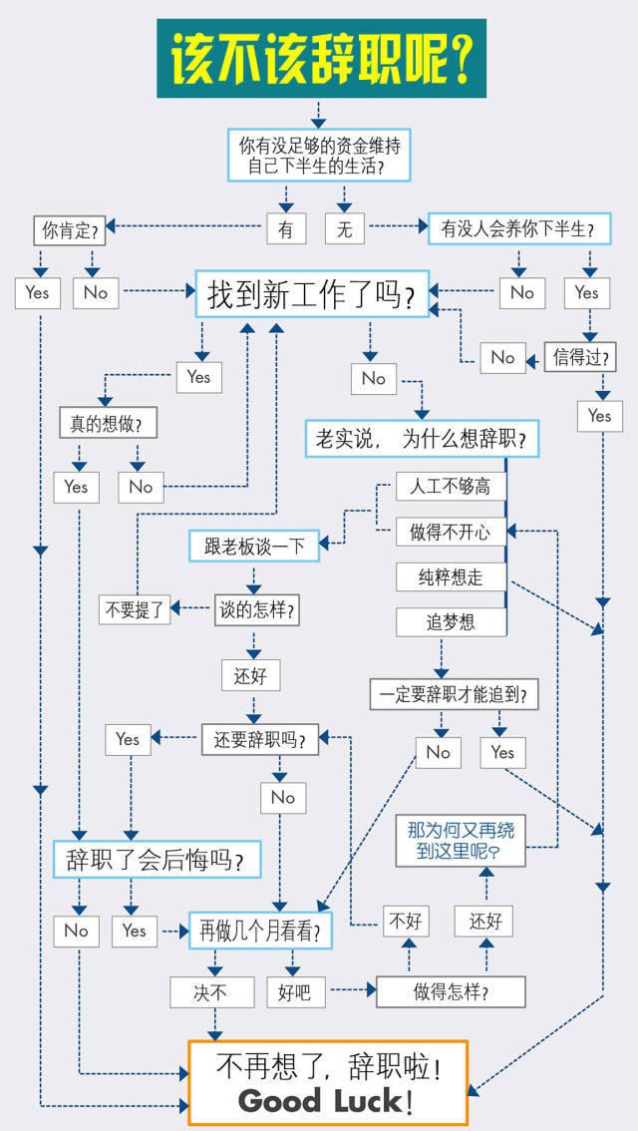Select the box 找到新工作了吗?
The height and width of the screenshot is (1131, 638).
click(312, 293)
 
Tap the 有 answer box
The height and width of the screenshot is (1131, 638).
click(286, 228)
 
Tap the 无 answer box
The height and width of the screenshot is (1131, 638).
click(345, 228)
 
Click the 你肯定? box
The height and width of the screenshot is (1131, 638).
click(69, 230)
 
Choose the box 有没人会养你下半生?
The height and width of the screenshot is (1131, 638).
click(519, 228)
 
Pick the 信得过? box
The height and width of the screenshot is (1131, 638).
click(580, 357)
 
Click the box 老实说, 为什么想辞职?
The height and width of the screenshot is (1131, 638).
click(422, 439)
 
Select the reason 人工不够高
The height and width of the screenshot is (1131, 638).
click(451, 487)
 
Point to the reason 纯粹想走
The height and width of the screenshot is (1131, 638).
click(451, 577)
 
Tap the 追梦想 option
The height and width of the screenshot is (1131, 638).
click(451, 621)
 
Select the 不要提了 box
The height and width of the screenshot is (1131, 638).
click(136, 610)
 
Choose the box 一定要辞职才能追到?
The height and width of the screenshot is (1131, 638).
click(455, 695)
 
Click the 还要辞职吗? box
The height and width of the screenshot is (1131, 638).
click(259, 739)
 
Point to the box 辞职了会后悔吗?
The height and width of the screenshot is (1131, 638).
click(158, 859)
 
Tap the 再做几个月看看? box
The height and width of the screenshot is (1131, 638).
click(260, 932)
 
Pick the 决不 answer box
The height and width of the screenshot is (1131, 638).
click(212, 992)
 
